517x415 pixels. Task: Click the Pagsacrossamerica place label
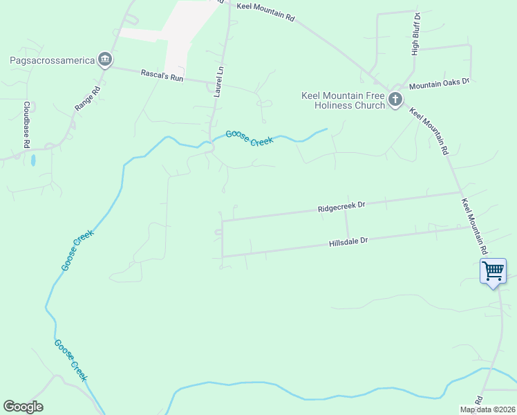point(52,60)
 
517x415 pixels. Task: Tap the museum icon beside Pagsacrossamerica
point(104,59)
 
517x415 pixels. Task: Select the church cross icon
point(395,100)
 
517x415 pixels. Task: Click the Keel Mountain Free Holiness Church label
point(343,100)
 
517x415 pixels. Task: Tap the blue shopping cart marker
point(493,271)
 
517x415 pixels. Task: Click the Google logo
point(23,407)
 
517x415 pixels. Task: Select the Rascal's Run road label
point(162,75)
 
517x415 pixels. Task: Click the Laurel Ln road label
point(220,82)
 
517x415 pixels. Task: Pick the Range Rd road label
point(88,98)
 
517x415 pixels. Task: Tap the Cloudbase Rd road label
point(26,125)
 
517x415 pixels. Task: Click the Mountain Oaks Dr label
point(439,84)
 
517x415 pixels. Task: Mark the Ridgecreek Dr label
point(341,207)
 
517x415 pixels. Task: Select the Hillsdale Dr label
point(348,241)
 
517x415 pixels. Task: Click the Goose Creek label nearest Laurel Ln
point(250,138)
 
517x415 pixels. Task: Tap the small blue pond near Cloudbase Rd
point(32,160)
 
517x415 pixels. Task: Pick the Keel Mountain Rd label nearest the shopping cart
point(475,225)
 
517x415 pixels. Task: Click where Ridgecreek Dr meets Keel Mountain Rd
point(460,193)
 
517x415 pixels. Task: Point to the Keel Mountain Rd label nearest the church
point(429,131)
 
